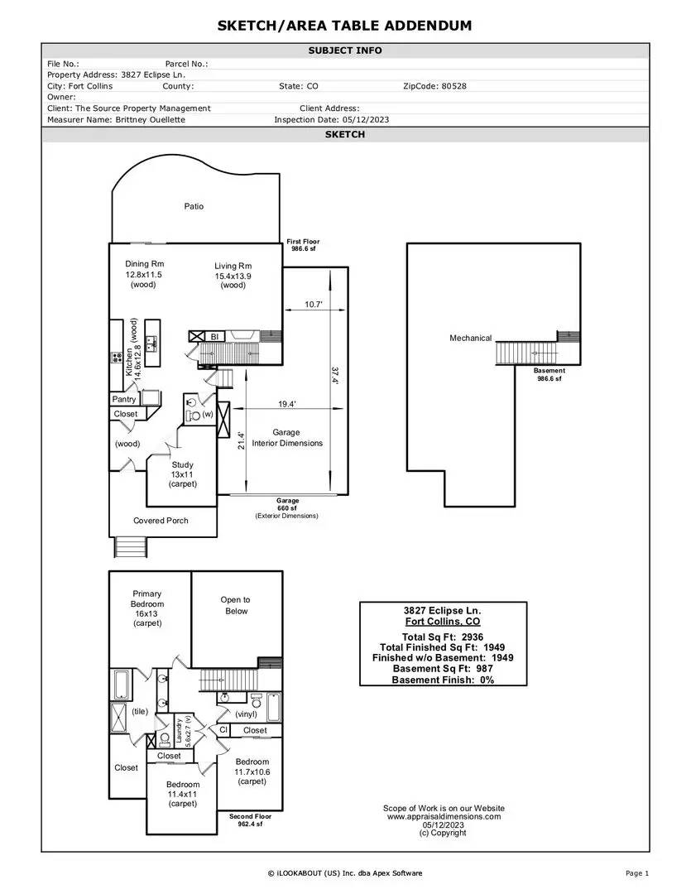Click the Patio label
click(194, 206)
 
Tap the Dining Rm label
click(144, 264)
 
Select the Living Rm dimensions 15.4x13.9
click(233, 276)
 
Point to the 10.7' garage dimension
click(314, 305)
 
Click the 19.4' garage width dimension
click(287, 404)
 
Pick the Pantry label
click(124, 399)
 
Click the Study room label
click(182, 464)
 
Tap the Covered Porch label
click(161, 521)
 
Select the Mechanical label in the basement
click(470, 338)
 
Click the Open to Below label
click(236, 605)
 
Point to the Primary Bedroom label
click(147, 598)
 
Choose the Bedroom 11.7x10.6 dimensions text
click(252, 772)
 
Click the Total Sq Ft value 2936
click(473, 637)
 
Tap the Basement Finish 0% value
click(487, 680)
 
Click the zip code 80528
click(453, 86)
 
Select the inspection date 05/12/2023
click(366, 120)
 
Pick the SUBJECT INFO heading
click(345, 50)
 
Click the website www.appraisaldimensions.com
click(444, 816)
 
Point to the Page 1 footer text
click(637, 873)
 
